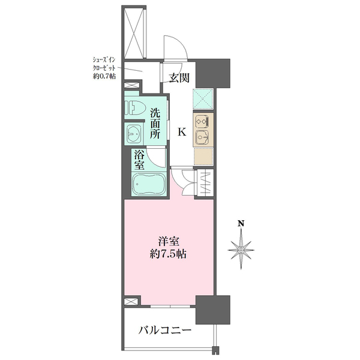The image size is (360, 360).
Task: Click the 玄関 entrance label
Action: click(179, 78)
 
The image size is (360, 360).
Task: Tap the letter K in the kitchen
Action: click(182, 132)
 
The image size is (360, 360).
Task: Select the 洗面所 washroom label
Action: click(155, 124)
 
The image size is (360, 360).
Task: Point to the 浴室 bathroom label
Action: click(139, 160)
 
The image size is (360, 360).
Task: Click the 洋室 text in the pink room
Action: click(169, 242)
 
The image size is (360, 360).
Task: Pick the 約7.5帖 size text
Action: click(168, 254)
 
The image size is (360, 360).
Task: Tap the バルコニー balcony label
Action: click(165, 331)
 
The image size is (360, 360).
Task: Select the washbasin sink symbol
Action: click(134, 134)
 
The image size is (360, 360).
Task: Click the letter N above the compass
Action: click(241, 223)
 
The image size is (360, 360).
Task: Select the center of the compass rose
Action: click(241, 250)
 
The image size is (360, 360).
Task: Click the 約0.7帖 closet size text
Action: click(104, 76)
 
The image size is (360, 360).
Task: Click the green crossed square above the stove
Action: click(203, 99)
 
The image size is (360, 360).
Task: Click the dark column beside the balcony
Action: click(213, 310)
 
